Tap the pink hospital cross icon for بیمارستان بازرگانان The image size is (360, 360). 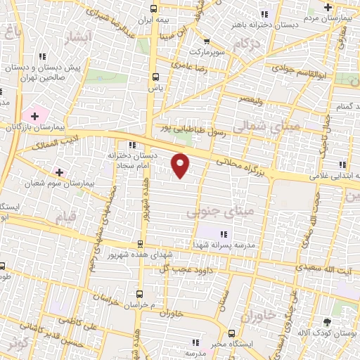pos(34,115)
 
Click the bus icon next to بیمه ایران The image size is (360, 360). pos(154,9)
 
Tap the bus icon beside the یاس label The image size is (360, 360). pos(155,77)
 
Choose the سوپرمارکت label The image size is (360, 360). pos(205,52)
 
